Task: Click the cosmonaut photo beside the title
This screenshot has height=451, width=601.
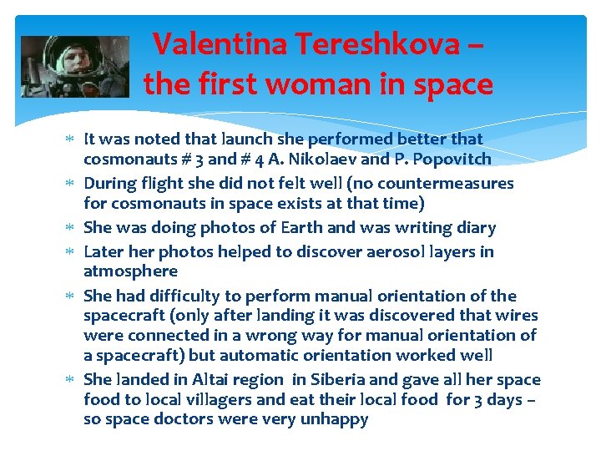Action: tap(75, 66)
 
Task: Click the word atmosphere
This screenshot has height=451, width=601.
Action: tap(130, 271)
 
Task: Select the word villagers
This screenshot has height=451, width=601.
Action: tap(206, 400)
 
